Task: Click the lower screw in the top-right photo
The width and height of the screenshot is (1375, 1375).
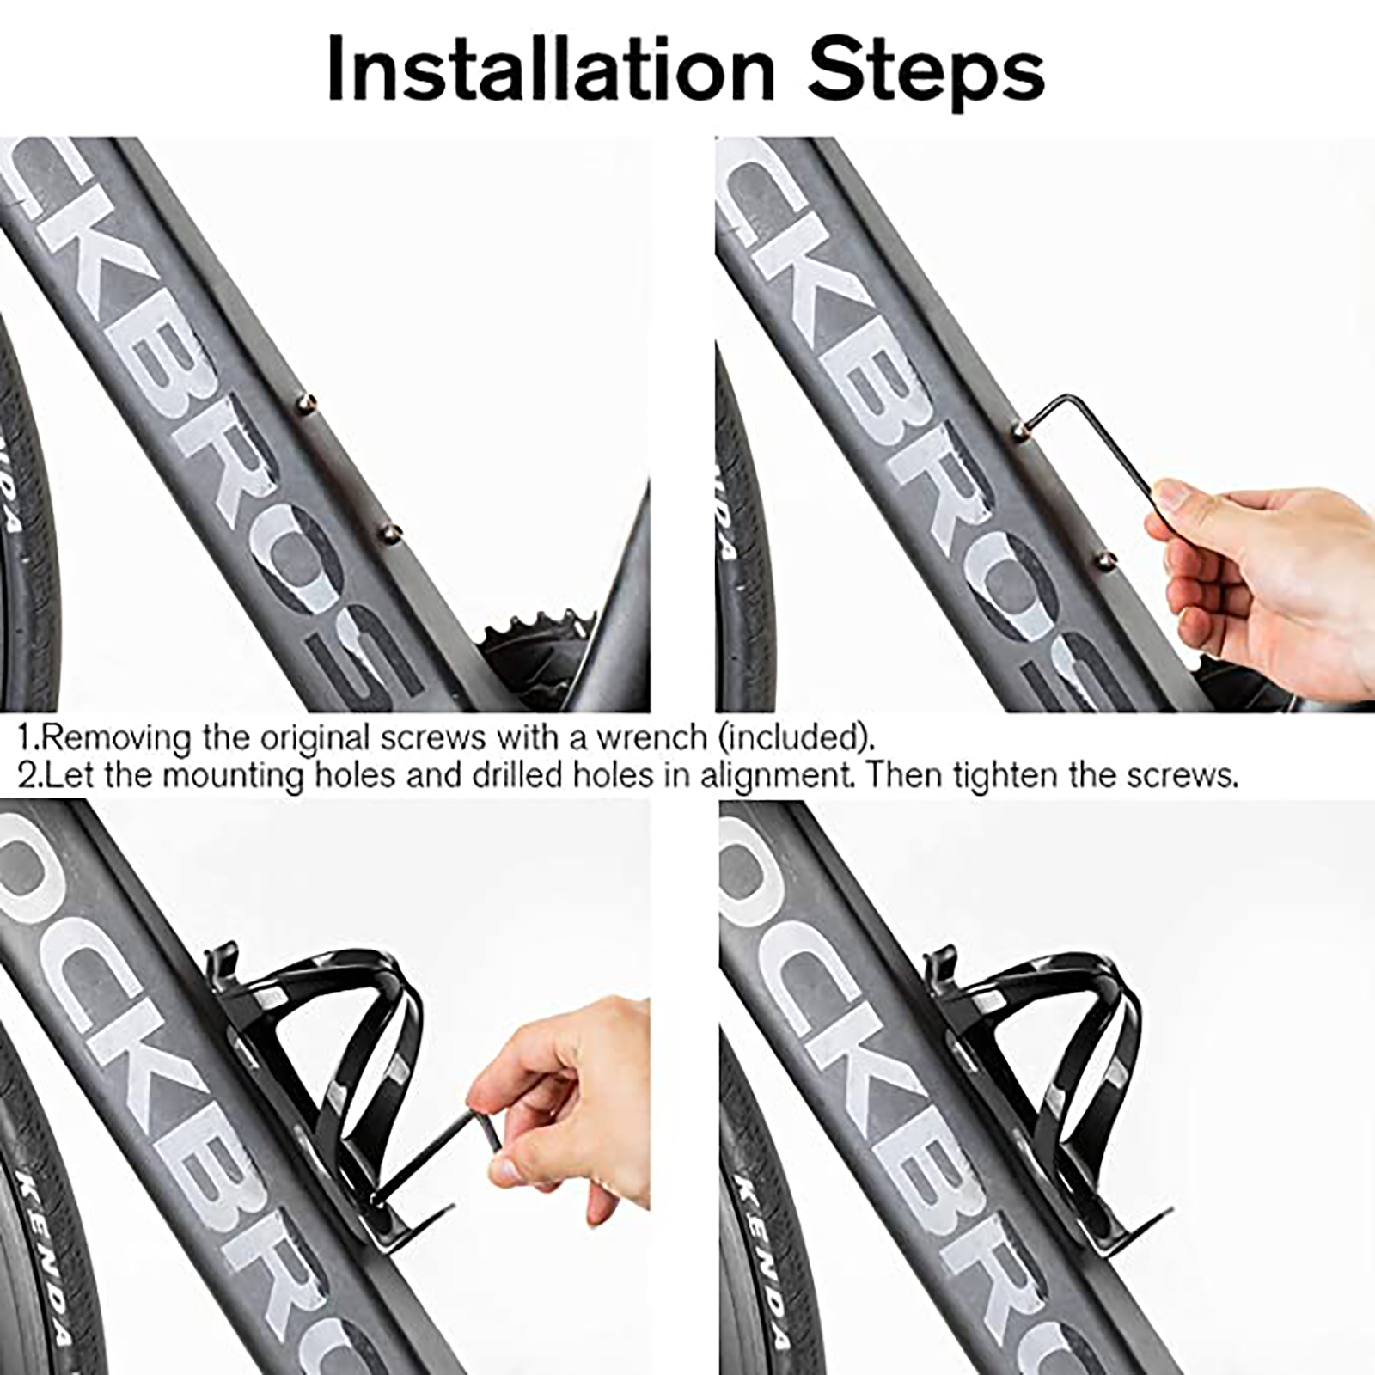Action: [1105, 560]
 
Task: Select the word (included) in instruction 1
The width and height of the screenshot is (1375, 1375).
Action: [796, 737]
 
